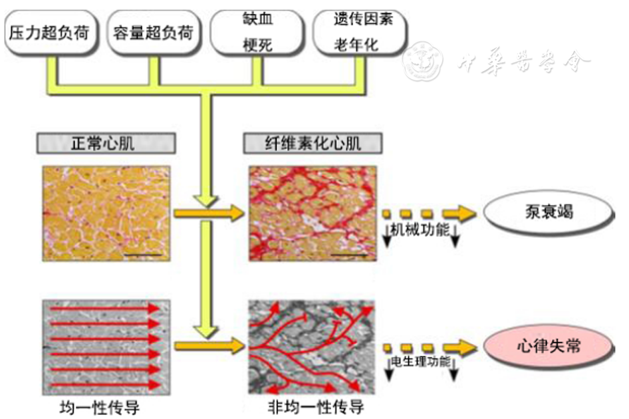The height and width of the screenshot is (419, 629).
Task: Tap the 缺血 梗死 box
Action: pos(256,32)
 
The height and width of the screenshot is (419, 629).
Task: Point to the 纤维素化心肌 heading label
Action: pos(313,143)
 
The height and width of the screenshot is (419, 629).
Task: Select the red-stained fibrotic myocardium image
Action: pos(312,213)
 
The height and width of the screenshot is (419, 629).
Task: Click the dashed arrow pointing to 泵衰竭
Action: pos(429,213)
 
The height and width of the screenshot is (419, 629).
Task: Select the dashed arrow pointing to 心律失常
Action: pos(429,347)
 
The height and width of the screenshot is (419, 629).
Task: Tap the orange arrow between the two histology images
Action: pos(209,213)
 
